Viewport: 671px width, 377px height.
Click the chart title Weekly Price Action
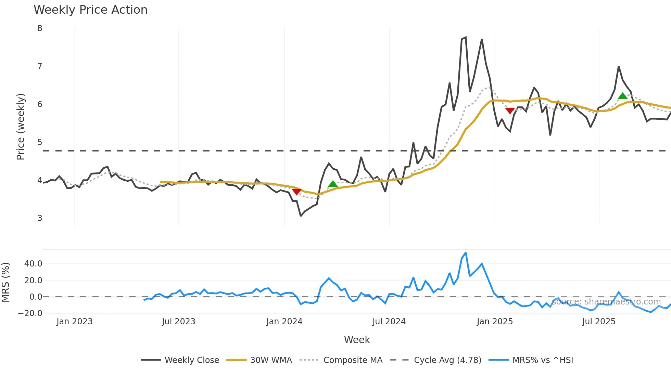(90, 10)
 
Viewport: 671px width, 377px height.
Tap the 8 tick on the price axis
(40, 28)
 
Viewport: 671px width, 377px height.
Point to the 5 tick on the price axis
(40, 142)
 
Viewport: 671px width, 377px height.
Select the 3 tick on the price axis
(40, 218)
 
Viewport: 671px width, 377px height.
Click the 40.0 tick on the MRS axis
(33, 264)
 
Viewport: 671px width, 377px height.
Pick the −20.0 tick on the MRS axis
(30, 313)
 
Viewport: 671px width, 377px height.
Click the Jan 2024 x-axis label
(284, 322)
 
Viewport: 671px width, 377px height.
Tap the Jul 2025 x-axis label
(598, 322)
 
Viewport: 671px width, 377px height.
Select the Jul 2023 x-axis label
(178, 322)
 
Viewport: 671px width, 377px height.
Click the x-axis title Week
(357, 340)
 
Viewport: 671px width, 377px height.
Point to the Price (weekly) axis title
(21, 127)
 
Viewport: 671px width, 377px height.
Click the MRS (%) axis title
(5, 282)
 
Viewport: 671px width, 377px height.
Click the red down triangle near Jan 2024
(296, 192)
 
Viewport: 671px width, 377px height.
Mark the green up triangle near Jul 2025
(622, 96)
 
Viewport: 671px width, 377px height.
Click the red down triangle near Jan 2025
(510, 111)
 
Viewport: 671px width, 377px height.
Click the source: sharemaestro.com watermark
(606, 302)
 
